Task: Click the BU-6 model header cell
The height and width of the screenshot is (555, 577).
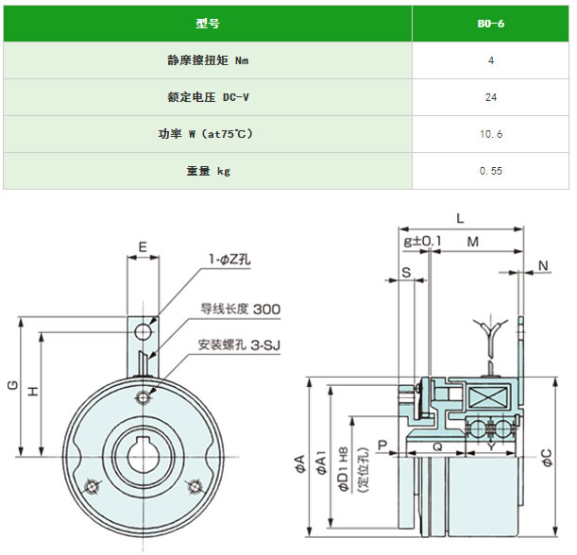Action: pyautogui.click(x=490, y=23)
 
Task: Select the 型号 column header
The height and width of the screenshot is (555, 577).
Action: pyautogui.click(x=207, y=23)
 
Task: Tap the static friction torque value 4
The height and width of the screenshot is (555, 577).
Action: pyautogui.click(x=490, y=59)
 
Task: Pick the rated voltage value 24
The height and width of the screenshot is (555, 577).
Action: pyautogui.click(x=490, y=96)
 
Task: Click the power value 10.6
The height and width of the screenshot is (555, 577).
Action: pyautogui.click(x=490, y=134)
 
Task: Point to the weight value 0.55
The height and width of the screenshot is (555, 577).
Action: pyautogui.click(x=490, y=171)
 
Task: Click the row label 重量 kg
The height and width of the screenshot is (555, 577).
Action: pyautogui.click(x=207, y=171)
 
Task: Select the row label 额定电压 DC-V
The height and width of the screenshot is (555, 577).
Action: pyautogui.click(x=207, y=96)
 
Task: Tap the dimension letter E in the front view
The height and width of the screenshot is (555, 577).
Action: pyautogui.click(x=143, y=247)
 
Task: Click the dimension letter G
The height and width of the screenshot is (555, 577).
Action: pyautogui.click(x=11, y=385)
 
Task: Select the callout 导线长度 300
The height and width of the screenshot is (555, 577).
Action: pyautogui.click(x=239, y=309)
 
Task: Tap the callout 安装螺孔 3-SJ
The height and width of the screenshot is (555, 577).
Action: pyautogui.click(x=239, y=345)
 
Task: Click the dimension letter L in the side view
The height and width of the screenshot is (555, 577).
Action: pyautogui.click(x=460, y=218)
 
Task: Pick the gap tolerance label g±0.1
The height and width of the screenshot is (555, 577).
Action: pyautogui.click(x=422, y=242)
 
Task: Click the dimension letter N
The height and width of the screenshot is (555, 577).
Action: pyautogui.click(x=544, y=263)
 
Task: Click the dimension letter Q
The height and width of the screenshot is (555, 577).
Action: pyautogui.click(x=436, y=447)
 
